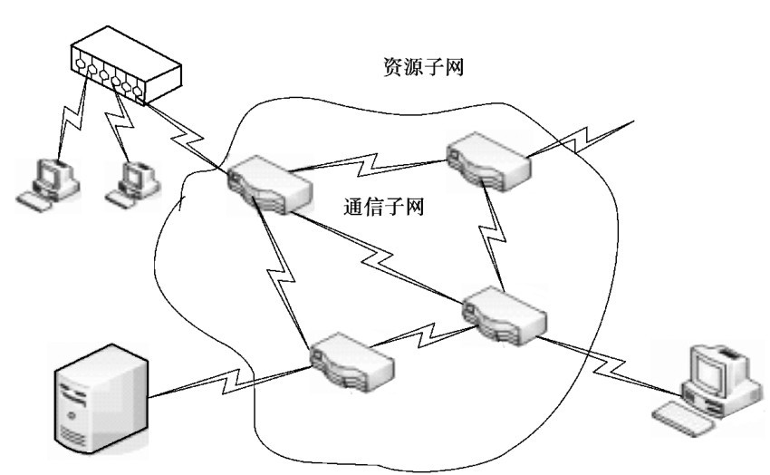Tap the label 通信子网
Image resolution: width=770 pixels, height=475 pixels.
pyautogui.click(x=387, y=207)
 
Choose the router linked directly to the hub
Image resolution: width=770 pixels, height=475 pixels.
pyautogui.click(x=269, y=185)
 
